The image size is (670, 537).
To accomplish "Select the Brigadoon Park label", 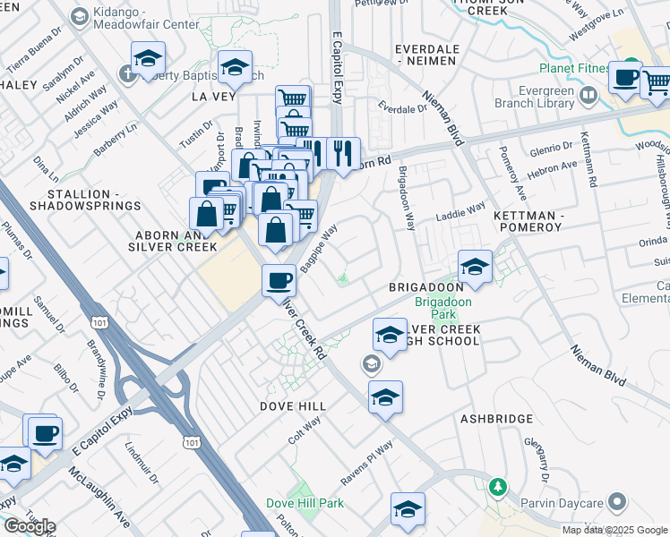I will point(436,309).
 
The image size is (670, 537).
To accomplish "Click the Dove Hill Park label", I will point(305,504).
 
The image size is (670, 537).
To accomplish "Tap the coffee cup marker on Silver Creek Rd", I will point(279,281).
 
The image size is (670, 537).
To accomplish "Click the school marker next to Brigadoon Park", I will point(475,266).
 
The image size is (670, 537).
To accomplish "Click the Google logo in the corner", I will point(29,526).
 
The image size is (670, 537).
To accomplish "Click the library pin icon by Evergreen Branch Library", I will point(588,94).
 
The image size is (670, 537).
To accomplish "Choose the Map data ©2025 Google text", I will point(615,530).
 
